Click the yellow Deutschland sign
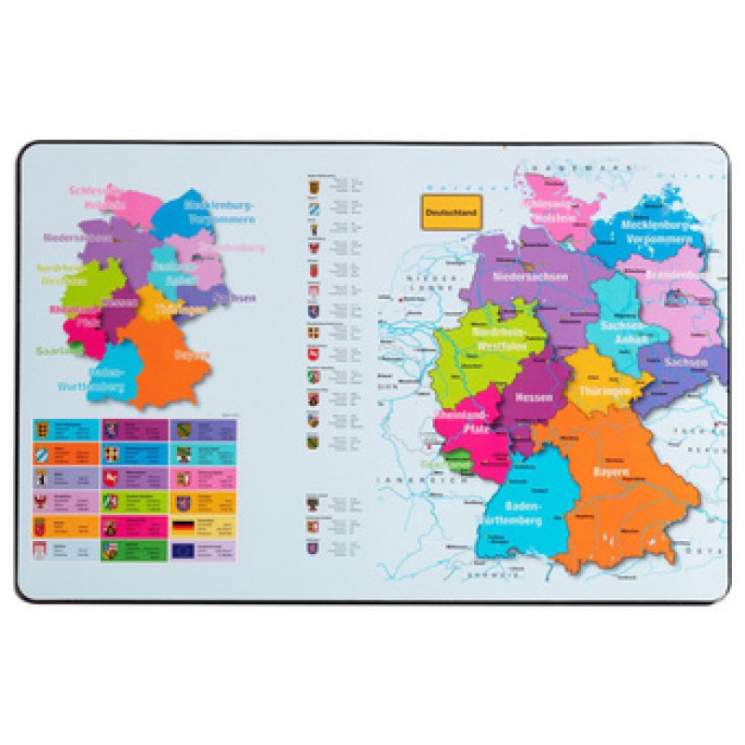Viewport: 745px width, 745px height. [x=450, y=210]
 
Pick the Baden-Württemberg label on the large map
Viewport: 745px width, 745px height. [x=509, y=513]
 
